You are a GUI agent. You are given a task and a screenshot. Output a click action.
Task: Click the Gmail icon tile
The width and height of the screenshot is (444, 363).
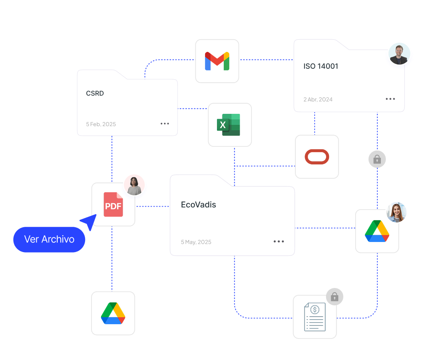217,61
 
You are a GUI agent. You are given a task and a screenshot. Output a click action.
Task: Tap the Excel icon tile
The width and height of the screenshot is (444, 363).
230,125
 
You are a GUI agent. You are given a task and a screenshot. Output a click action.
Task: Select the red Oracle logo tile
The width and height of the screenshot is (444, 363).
317,157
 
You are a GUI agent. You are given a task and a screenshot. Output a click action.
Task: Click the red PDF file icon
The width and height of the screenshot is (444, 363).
113,204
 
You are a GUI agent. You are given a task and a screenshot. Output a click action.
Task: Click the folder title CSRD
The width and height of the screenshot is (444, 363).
95,94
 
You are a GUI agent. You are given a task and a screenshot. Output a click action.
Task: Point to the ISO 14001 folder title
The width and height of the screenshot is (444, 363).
321,66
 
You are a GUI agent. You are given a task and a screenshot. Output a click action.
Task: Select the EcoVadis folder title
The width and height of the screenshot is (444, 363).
198,205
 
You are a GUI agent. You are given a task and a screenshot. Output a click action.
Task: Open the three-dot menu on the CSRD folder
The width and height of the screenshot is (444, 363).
165,124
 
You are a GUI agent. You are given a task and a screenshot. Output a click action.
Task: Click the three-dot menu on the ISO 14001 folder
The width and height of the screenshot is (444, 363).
391,99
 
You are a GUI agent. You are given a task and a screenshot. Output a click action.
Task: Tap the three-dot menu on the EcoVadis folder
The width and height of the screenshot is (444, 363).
278,242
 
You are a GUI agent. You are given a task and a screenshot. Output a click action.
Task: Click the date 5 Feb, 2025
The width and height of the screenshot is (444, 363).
101,124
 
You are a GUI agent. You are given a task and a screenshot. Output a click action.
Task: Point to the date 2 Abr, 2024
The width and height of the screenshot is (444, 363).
318,99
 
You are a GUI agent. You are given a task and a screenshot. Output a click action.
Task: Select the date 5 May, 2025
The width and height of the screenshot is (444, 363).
196,242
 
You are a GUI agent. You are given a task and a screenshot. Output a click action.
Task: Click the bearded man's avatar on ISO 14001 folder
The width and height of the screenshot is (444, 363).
399,54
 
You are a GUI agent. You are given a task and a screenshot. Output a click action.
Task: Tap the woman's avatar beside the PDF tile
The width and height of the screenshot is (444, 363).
134,185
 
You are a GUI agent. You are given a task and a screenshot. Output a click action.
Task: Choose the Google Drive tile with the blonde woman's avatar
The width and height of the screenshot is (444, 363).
377,231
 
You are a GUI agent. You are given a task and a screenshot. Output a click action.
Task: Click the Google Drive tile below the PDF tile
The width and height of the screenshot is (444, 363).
113,313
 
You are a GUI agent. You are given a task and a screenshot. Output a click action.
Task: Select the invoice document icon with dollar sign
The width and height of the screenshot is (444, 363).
315,317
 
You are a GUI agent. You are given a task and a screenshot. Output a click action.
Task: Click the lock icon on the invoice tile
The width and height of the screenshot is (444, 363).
334,297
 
